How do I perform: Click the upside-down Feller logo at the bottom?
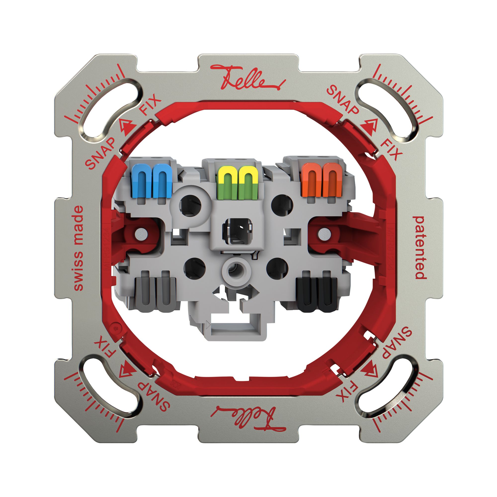pyautogui.click(x=248, y=418)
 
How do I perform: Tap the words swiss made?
pyautogui.click(x=79, y=248)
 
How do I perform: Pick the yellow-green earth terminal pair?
pyautogui.click(x=237, y=183)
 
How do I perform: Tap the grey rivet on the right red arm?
pyautogui.click(x=324, y=234)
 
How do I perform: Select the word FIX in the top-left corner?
pyautogui.click(x=150, y=105)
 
